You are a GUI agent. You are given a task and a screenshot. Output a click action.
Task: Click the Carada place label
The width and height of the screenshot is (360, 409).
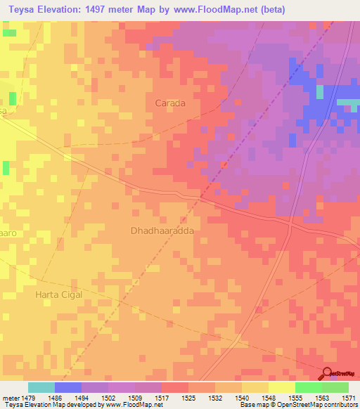tap(169, 103)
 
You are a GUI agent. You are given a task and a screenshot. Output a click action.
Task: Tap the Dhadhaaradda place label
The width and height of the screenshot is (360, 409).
tap(162, 230)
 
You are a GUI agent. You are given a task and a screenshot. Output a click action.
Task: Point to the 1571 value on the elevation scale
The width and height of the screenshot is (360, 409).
tap(349, 397)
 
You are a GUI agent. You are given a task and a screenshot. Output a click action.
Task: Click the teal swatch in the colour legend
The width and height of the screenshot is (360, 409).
tap(41, 387)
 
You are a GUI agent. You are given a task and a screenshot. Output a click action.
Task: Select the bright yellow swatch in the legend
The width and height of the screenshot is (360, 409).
tap(281, 387)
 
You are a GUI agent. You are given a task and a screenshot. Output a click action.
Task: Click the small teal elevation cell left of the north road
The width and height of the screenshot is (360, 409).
tap(320, 92)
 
